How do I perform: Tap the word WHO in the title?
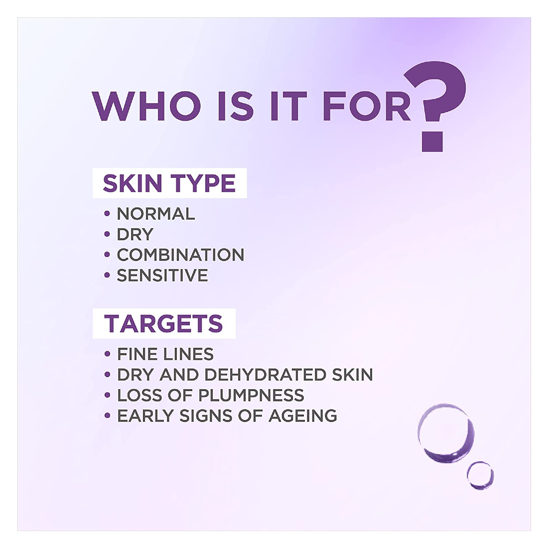[146, 107]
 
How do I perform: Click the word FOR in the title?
[367, 107]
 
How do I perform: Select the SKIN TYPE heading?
[169, 183]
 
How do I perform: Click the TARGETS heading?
[163, 323]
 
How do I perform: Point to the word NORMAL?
[156, 214]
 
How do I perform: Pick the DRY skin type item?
[135, 234]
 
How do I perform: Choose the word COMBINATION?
[180, 255]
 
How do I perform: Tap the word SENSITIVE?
[162, 275]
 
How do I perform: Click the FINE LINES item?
[165, 354]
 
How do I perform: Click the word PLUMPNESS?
[251, 395]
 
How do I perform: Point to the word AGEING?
[303, 416]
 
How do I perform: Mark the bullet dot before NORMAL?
[107, 214]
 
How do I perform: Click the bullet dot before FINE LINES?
[107, 354]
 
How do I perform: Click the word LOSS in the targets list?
[140, 395]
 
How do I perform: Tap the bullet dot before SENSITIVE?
[107, 275]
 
